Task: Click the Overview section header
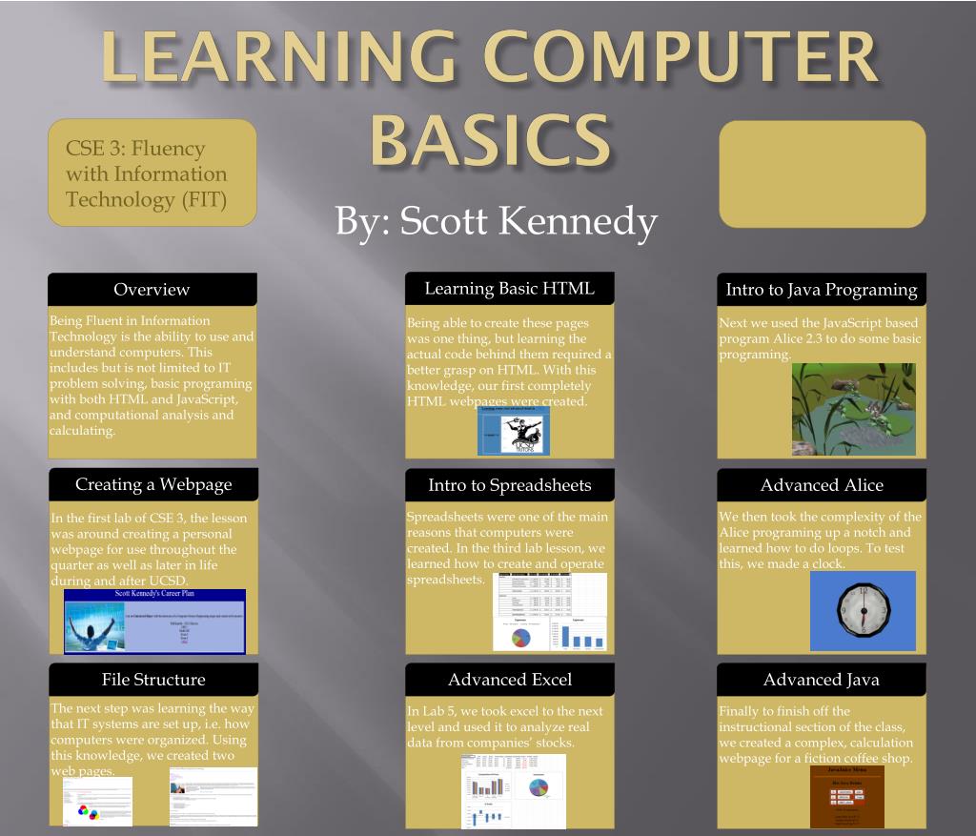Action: (x=152, y=290)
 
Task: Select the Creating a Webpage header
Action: (x=153, y=484)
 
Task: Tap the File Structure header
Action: (x=153, y=680)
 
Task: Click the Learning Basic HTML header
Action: (x=509, y=288)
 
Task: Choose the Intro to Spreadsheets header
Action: (x=509, y=485)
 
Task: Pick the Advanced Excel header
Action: (x=509, y=680)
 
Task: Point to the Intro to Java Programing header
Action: (x=821, y=290)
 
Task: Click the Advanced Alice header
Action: (x=821, y=485)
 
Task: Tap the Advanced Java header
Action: (x=821, y=680)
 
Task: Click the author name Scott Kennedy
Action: (x=496, y=221)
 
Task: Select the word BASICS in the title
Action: (x=490, y=140)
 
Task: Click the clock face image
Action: (x=862, y=610)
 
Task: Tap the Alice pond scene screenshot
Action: (x=853, y=409)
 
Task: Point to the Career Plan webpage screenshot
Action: (x=154, y=621)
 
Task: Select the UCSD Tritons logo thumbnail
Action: (x=514, y=432)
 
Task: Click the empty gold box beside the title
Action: (x=822, y=173)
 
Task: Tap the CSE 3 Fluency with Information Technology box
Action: (x=152, y=173)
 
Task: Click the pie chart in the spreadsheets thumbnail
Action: (x=520, y=636)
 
